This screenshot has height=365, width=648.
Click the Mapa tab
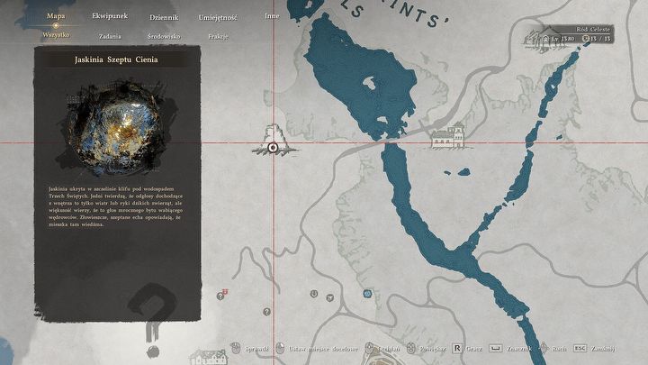pos(55,16)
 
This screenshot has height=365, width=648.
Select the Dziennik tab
pos(164,17)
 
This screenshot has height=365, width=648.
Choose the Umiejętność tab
pos(218,17)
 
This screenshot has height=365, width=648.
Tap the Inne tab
pos(272,16)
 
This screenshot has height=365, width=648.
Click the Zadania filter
pos(112,36)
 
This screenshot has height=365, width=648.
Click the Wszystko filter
pos(56,36)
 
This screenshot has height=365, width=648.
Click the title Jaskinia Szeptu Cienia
pos(112,59)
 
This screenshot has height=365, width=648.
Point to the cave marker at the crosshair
pos(273,146)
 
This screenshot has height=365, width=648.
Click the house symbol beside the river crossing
pos(446,137)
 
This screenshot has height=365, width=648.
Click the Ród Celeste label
pos(595,30)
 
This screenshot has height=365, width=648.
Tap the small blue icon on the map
pos(366,293)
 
